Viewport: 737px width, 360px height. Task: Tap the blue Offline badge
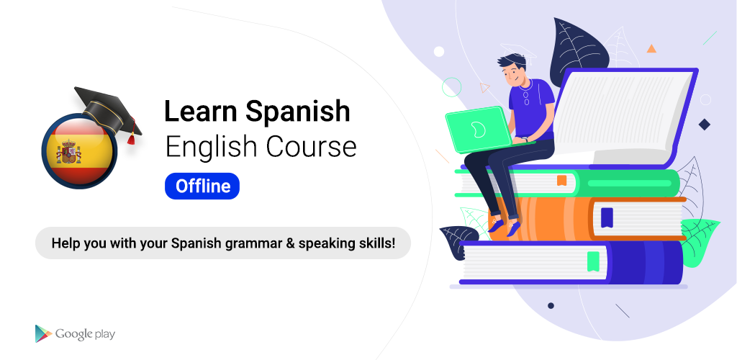[x=202, y=186]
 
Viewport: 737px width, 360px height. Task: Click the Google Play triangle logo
[x=42, y=333]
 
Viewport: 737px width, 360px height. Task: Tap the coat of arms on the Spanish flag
[x=68, y=152]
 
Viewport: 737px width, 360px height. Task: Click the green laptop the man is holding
[x=478, y=130]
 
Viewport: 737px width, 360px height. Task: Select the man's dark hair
[x=512, y=62]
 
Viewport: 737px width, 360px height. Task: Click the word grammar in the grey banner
[x=259, y=244]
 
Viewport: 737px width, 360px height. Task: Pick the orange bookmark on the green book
[x=561, y=181]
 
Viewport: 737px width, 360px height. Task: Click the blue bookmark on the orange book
[x=607, y=217]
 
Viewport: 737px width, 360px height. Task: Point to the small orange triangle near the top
[x=651, y=48]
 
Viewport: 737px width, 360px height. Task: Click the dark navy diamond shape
[x=704, y=125]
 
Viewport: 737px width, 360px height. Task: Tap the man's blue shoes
[x=504, y=225]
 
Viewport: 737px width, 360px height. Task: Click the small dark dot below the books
[x=551, y=305]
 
